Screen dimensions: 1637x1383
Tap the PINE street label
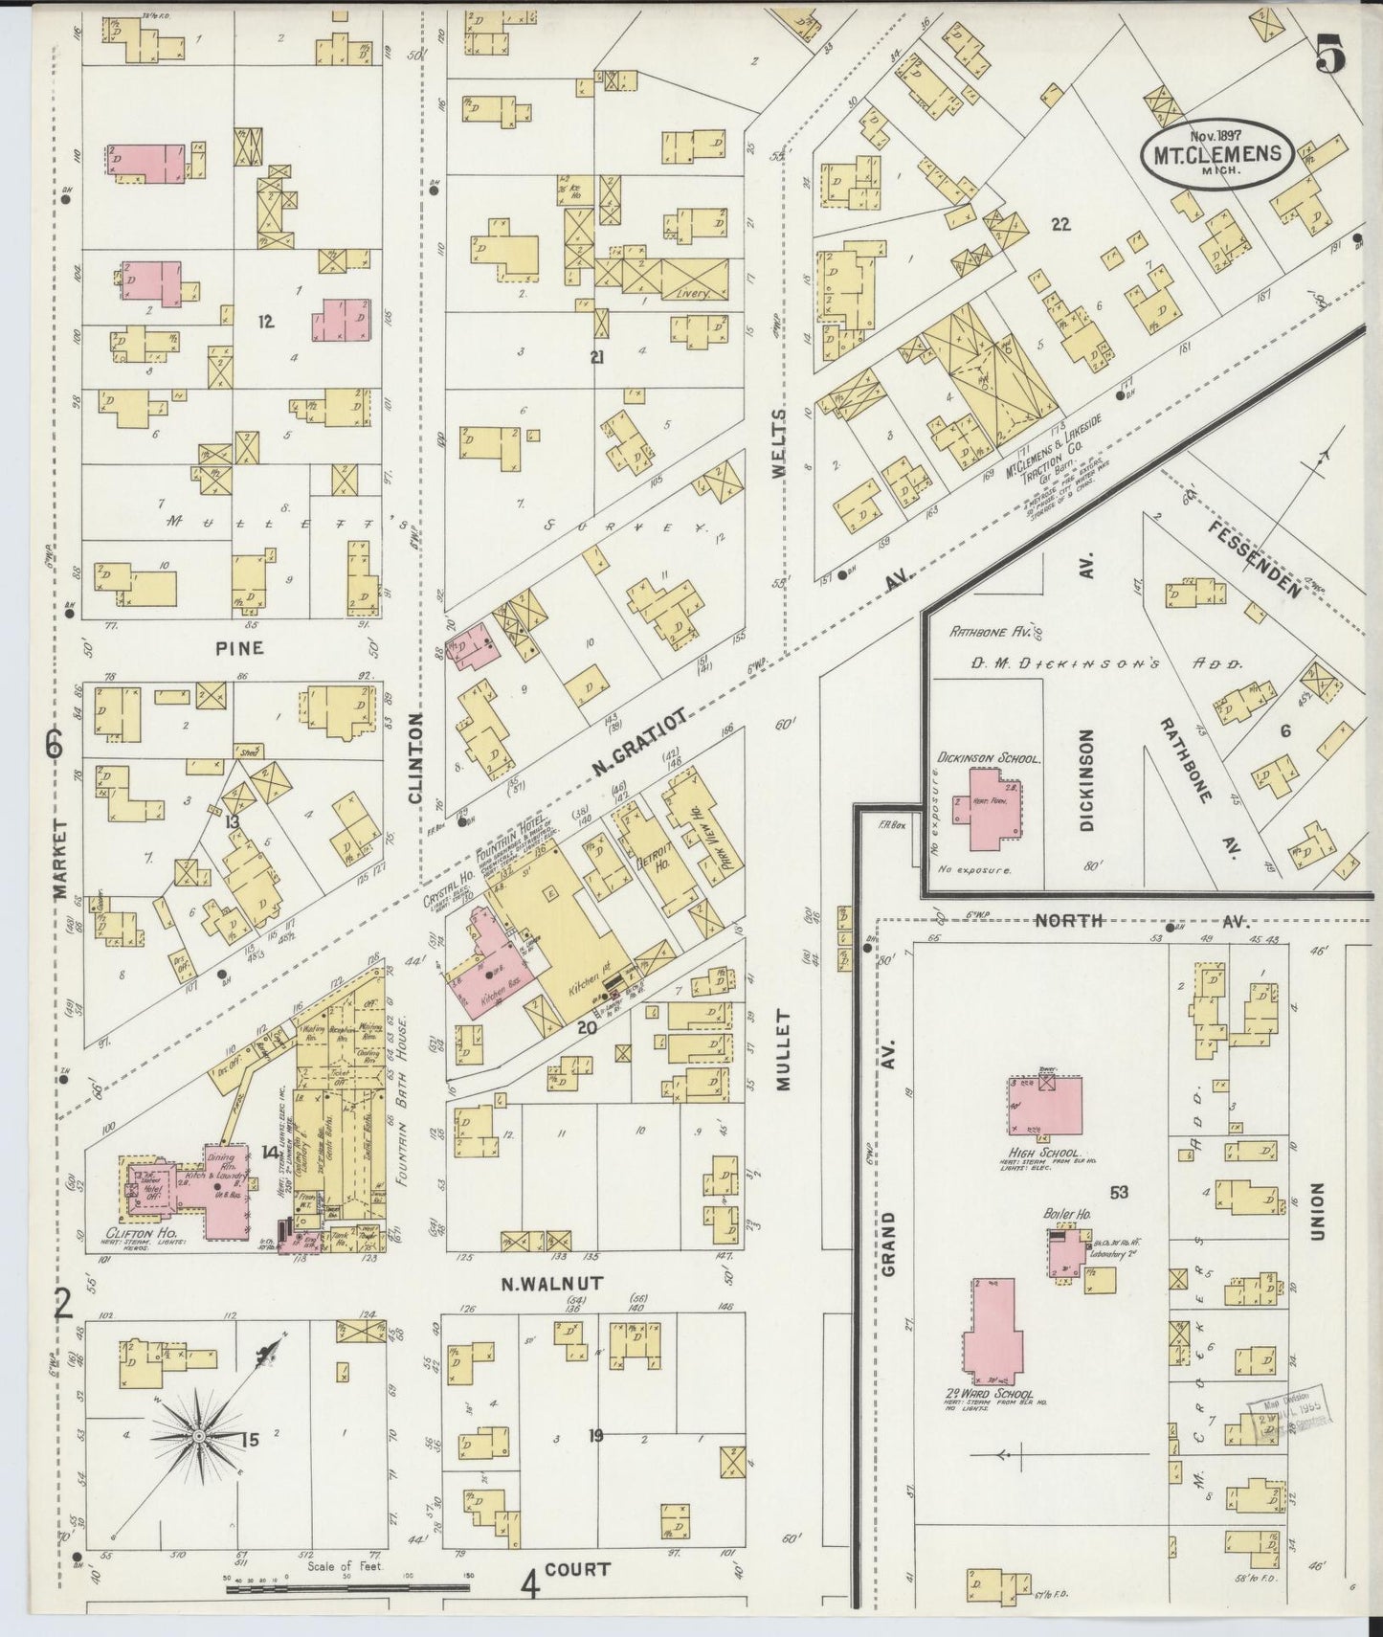click(239, 648)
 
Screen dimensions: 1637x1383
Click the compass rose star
click(198, 1437)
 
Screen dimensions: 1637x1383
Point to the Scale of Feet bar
click(347, 1588)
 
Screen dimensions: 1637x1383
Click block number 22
click(1060, 226)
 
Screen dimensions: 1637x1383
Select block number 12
click(265, 322)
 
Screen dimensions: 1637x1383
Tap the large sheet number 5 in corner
click(1330, 55)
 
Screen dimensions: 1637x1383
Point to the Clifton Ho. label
click(132, 1233)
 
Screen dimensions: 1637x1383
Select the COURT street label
click(578, 1570)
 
